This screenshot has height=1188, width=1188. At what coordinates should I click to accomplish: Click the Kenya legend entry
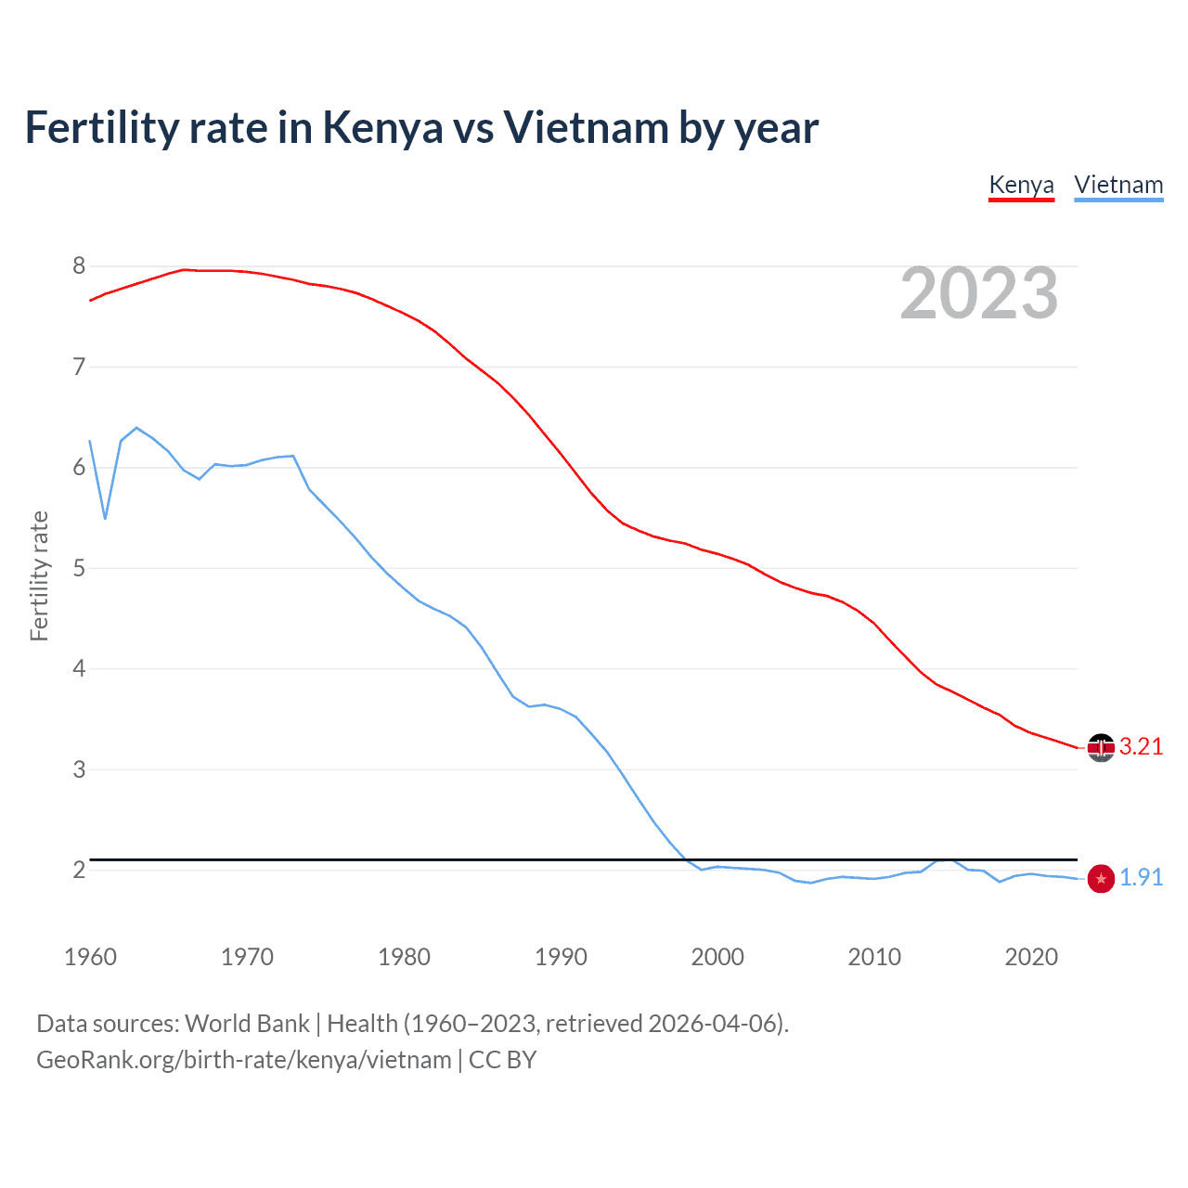pyautogui.click(x=1021, y=185)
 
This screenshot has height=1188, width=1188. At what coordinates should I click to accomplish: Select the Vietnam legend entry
pyautogui.click(x=1118, y=185)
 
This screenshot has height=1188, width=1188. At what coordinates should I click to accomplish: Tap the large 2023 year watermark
pyautogui.click(x=978, y=294)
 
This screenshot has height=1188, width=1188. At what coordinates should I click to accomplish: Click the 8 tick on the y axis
pyautogui.click(x=79, y=266)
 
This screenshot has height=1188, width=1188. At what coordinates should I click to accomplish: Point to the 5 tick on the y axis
pyautogui.click(x=79, y=568)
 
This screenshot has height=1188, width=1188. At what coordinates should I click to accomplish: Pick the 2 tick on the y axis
pyautogui.click(x=79, y=870)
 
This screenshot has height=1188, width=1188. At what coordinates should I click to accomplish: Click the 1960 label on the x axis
pyautogui.click(x=90, y=957)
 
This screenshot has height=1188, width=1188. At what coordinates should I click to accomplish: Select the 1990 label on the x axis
pyautogui.click(x=561, y=957)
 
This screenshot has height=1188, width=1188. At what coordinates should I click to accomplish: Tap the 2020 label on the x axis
pyautogui.click(x=1031, y=957)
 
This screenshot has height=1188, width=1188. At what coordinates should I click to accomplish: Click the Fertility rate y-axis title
pyautogui.click(x=39, y=575)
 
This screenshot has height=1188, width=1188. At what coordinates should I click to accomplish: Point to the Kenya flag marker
pyautogui.click(x=1101, y=747)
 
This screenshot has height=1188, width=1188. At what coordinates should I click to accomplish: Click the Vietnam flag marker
pyautogui.click(x=1101, y=878)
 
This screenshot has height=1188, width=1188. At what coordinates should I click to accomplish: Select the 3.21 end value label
pyautogui.click(x=1141, y=747)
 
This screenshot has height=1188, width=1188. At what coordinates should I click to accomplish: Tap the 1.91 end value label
pyautogui.click(x=1141, y=878)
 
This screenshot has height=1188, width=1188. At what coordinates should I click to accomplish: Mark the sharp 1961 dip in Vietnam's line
pyautogui.click(x=106, y=518)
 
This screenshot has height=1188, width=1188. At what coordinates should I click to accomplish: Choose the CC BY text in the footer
pyautogui.click(x=502, y=1060)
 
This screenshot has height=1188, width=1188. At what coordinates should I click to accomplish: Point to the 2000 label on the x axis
pyautogui.click(x=717, y=957)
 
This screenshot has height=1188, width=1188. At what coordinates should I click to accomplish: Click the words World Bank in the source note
pyautogui.click(x=247, y=1024)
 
